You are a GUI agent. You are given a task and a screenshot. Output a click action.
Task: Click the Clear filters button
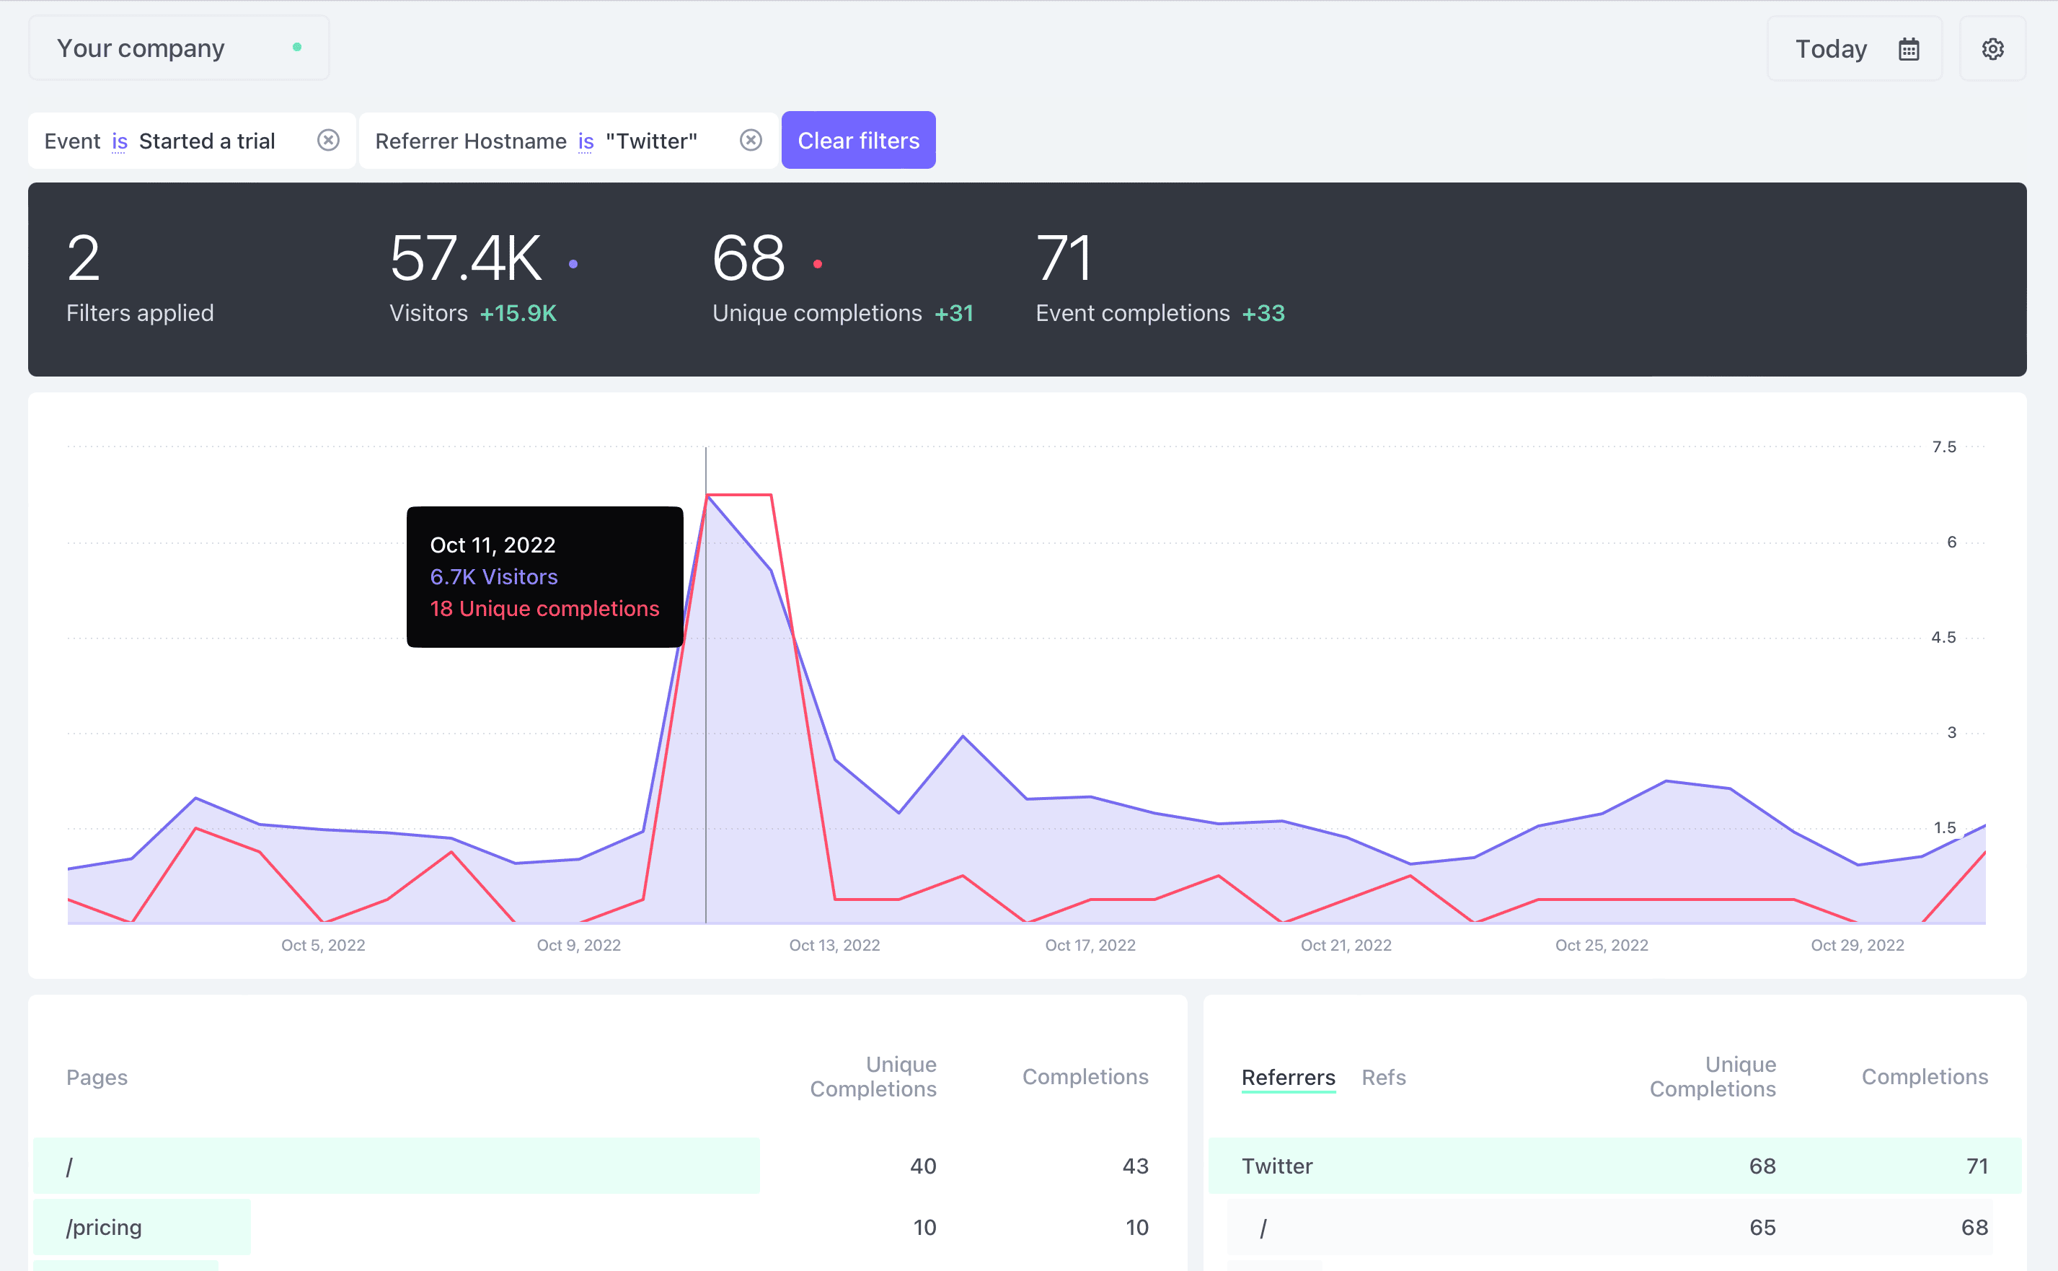tap(858, 141)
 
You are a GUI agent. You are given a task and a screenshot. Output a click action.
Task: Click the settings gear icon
tap(1992, 49)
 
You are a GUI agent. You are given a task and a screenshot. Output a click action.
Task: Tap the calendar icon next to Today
tap(1909, 49)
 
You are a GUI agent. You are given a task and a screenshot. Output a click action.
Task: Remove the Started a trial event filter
tap(327, 141)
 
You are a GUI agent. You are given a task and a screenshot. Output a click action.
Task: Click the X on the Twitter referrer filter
tap(751, 141)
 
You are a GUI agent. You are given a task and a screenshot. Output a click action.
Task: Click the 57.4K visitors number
tap(466, 258)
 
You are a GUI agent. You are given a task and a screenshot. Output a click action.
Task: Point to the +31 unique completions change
tap(953, 314)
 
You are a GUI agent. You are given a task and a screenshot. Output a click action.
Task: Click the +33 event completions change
tap(1263, 314)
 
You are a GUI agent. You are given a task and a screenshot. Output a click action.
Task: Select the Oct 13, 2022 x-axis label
tap(834, 945)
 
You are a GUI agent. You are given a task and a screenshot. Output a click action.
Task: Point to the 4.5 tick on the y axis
tap(1943, 637)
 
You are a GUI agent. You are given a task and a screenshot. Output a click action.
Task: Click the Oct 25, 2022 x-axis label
tap(1601, 945)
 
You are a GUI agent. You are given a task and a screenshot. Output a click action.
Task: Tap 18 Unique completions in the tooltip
tap(544, 609)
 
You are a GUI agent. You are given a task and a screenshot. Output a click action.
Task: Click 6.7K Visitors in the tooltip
tap(493, 576)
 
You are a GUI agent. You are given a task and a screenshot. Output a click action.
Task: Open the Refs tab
tap(1383, 1078)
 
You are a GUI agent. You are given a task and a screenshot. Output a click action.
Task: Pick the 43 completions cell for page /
tap(1134, 1166)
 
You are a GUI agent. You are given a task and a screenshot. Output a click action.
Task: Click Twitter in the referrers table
tap(1276, 1166)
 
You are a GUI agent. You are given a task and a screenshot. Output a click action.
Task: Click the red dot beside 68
tap(817, 264)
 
